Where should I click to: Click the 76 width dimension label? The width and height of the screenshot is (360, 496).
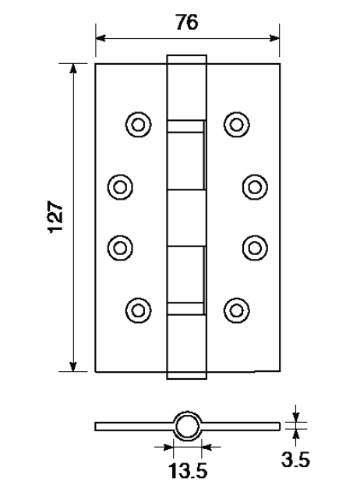(x=187, y=23)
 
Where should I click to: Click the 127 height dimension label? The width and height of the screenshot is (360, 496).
(x=55, y=217)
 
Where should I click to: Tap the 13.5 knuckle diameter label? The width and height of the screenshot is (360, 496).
(x=188, y=471)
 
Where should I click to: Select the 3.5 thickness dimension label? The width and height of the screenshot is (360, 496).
(x=295, y=459)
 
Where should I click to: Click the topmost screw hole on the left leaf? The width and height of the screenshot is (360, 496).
(x=138, y=125)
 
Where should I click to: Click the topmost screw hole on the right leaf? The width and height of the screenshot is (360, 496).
(x=237, y=125)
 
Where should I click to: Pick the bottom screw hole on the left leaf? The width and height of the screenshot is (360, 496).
(x=138, y=310)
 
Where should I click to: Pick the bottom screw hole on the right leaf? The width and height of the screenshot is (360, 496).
(x=237, y=310)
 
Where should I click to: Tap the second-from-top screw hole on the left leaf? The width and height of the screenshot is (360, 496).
(x=120, y=187)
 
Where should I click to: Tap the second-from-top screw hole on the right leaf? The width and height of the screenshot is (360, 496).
(x=255, y=187)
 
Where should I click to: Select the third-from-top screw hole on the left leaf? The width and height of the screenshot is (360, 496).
(x=120, y=248)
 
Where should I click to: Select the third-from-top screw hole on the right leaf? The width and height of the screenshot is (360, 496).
(x=255, y=248)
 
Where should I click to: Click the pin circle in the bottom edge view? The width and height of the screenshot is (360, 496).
(x=187, y=426)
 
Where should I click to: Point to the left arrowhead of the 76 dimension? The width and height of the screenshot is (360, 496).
(x=101, y=38)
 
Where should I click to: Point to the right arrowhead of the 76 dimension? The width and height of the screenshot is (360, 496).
(x=274, y=38)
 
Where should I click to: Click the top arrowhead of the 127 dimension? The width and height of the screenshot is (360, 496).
(x=73, y=69)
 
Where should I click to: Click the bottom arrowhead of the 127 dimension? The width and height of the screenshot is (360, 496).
(x=73, y=367)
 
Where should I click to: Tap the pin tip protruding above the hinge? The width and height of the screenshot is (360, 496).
(x=187, y=59)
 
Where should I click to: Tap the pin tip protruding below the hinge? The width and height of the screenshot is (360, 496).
(x=187, y=375)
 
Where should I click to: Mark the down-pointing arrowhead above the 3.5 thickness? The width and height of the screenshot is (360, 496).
(x=295, y=416)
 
